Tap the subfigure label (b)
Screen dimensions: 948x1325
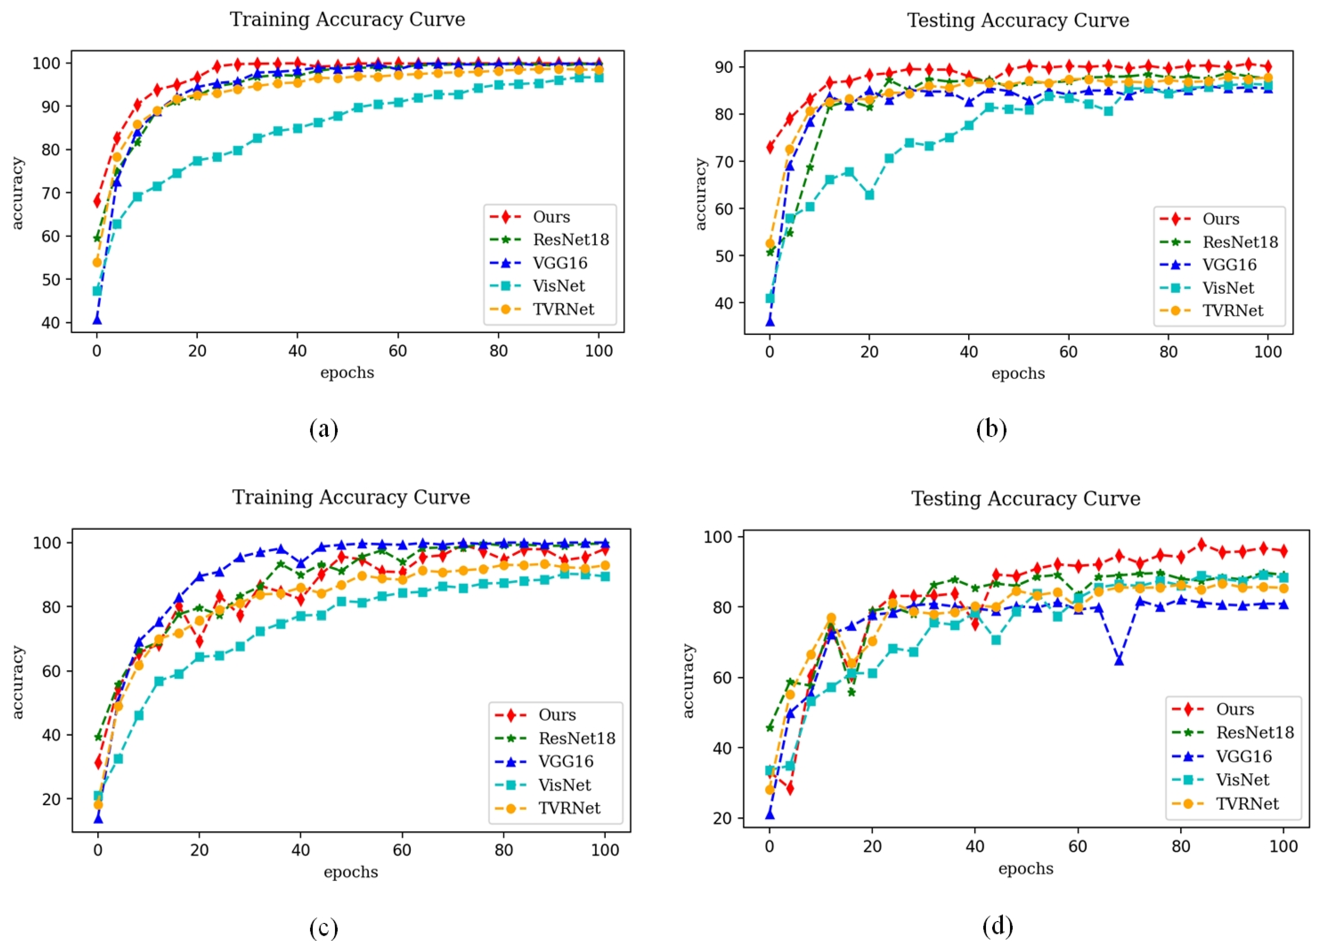(x=991, y=429)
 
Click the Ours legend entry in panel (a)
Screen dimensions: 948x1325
(x=551, y=217)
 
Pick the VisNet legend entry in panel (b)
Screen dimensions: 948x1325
(x=1228, y=288)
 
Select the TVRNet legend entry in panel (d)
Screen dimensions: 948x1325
(x=1247, y=804)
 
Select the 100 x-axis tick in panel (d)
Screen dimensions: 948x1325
(x=1284, y=847)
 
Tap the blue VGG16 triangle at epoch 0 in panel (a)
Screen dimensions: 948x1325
(x=97, y=320)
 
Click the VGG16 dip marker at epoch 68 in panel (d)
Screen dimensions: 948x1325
(x=1119, y=660)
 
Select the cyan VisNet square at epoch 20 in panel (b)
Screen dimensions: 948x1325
(x=870, y=195)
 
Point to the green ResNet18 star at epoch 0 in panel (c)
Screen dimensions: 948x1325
(x=98, y=737)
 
